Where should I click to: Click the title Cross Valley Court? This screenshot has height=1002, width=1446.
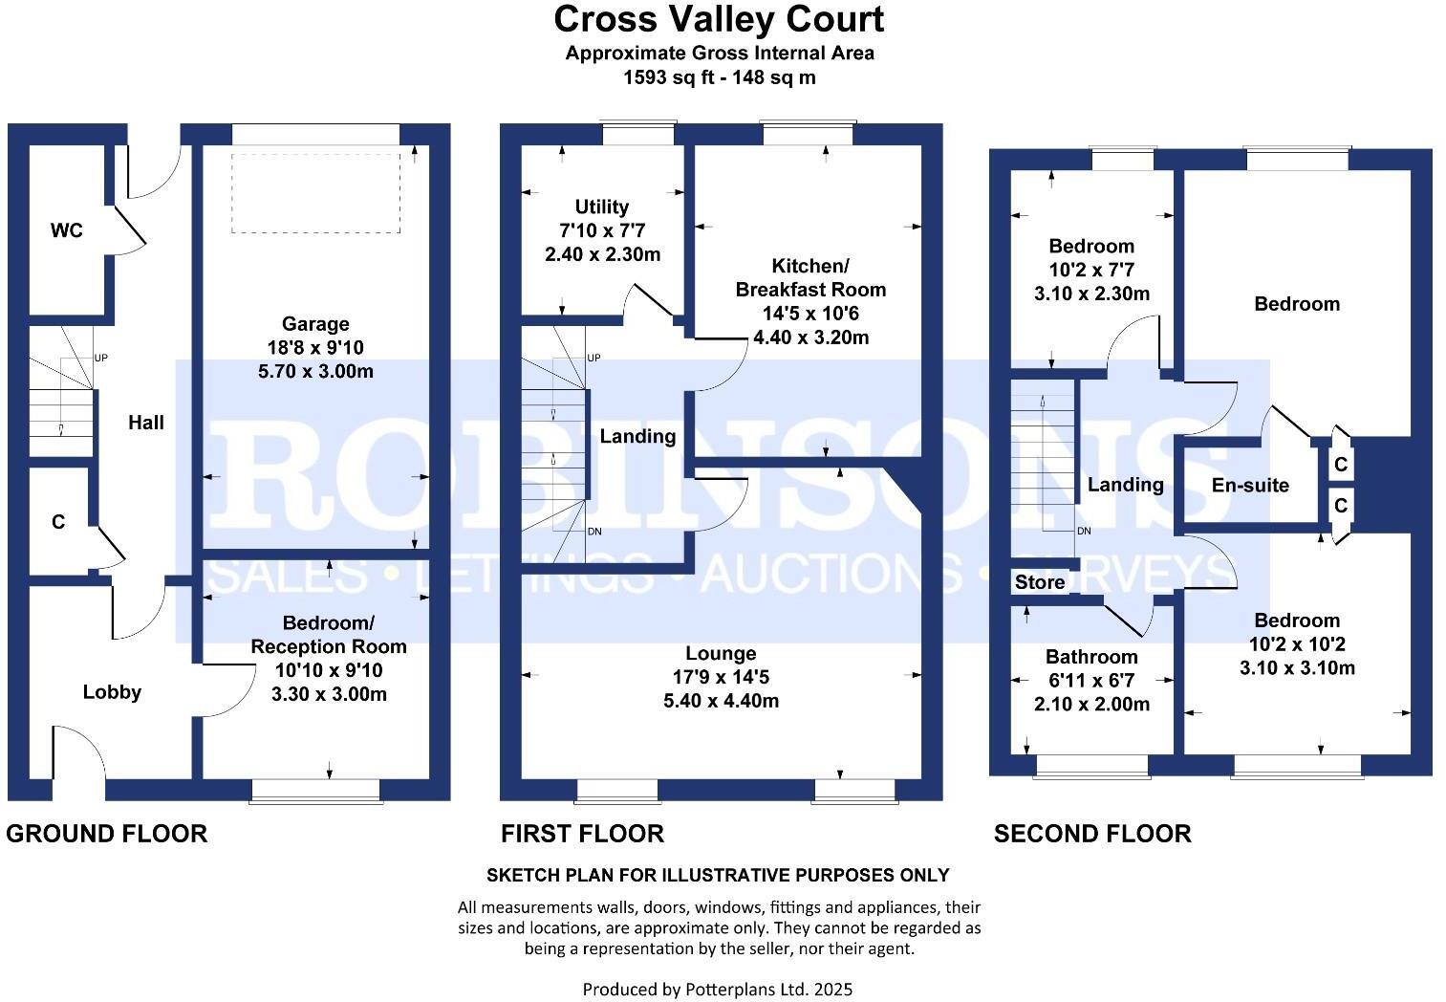tap(719, 19)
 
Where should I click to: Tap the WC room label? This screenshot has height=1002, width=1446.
tap(67, 230)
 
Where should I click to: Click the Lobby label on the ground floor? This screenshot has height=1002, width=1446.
tap(112, 692)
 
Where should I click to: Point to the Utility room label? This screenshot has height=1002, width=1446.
tap(602, 207)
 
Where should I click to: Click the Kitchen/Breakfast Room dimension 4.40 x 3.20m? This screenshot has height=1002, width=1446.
tap(810, 337)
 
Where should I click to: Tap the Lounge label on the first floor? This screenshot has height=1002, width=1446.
tap(721, 653)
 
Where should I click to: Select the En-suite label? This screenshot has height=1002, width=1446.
tap(1250, 485)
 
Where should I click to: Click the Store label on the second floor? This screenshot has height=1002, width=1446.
tap(1040, 582)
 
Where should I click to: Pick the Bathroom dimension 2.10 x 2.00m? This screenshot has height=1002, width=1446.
tap(1091, 705)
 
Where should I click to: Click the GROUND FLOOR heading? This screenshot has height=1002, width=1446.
tap(107, 834)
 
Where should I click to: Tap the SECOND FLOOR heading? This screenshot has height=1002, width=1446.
tap(1092, 834)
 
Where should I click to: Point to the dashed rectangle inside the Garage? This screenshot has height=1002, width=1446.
tap(315, 192)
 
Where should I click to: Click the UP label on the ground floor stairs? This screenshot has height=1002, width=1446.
tap(101, 359)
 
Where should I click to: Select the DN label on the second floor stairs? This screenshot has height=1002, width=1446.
tap(1084, 532)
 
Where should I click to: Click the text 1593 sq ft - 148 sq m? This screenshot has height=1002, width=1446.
tap(719, 77)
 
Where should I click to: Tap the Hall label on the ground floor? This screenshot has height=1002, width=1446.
tap(146, 423)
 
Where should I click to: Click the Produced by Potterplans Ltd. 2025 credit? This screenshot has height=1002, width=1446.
tap(717, 990)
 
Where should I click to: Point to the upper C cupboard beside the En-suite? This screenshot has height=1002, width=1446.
tap(1341, 465)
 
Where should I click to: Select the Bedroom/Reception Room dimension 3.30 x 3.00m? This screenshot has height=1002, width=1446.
tap(329, 694)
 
